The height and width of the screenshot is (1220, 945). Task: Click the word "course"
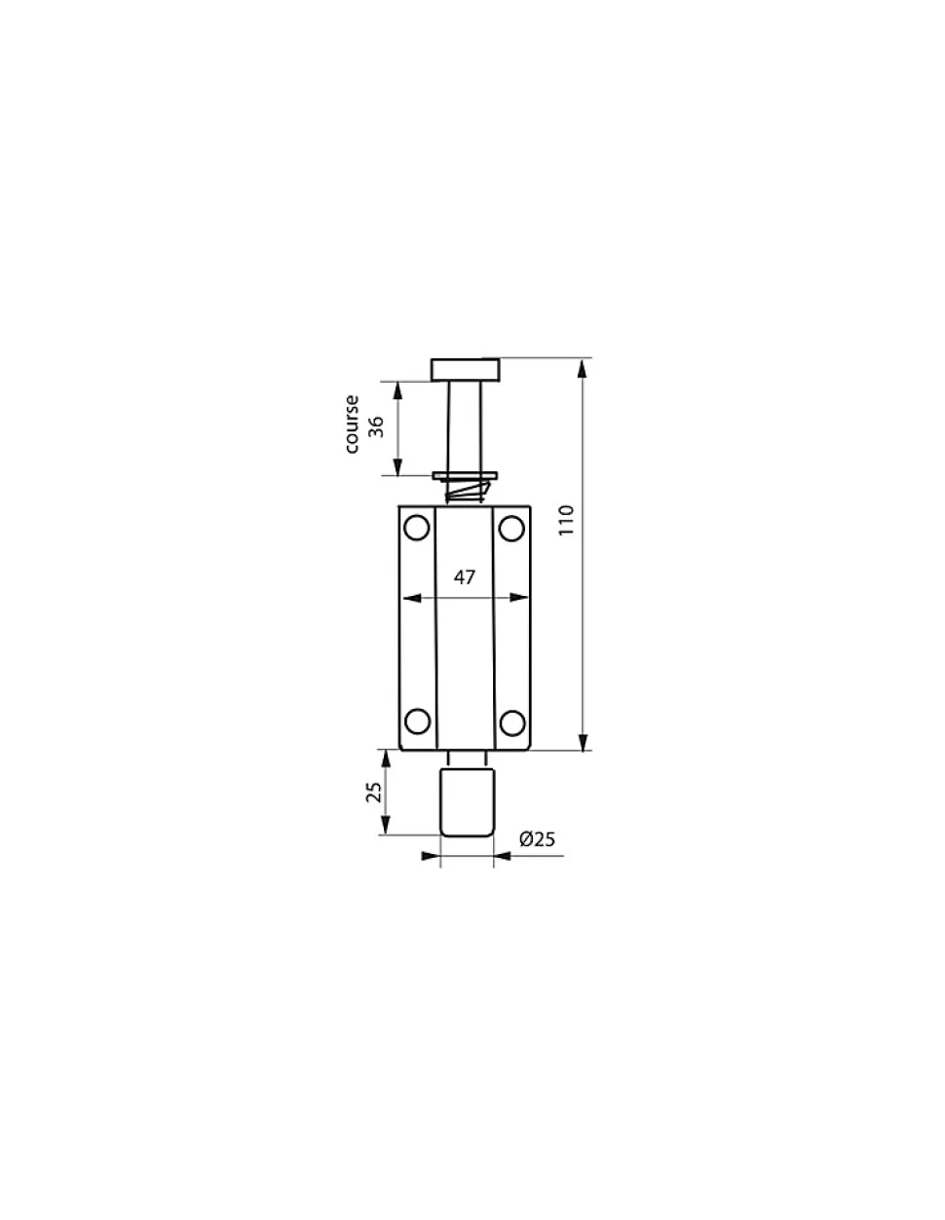click(x=352, y=424)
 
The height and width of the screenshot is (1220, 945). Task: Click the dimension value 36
click(x=376, y=426)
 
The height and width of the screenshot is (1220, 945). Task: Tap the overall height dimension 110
click(x=567, y=520)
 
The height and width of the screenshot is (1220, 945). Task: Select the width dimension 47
click(x=464, y=577)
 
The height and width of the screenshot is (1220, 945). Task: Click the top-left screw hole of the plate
click(x=417, y=527)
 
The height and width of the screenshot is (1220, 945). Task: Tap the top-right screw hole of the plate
click(x=510, y=527)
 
